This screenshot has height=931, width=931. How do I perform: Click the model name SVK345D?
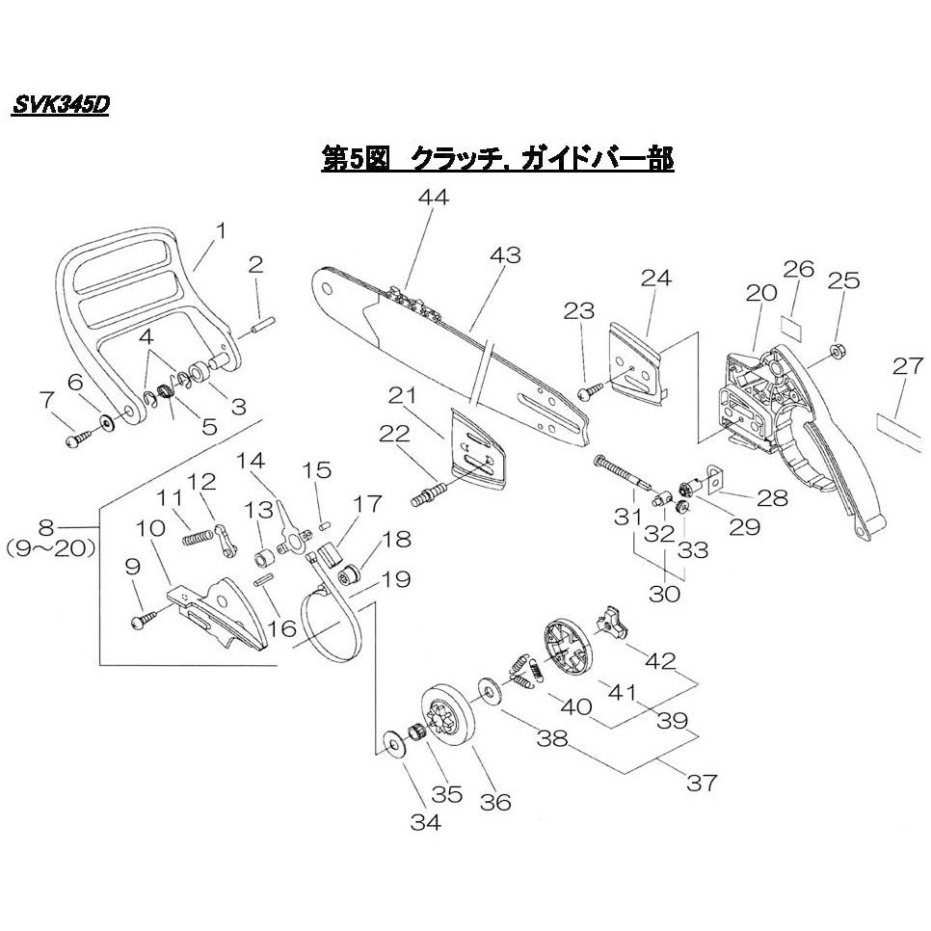tap(61, 106)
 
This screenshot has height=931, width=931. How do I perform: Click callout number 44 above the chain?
tap(434, 197)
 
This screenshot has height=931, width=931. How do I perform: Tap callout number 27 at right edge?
tap(908, 366)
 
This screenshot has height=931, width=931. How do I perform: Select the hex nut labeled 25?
tap(838, 351)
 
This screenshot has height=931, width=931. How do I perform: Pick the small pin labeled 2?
tap(262, 327)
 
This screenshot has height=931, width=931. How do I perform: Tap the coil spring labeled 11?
tap(197, 538)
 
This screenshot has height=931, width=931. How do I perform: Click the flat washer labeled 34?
tap(394, 742)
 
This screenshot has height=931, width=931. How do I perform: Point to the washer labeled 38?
tap(489, 689)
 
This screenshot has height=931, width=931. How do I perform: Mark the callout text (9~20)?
tap(50, 548)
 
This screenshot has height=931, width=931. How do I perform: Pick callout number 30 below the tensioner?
tap(664, 593)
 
